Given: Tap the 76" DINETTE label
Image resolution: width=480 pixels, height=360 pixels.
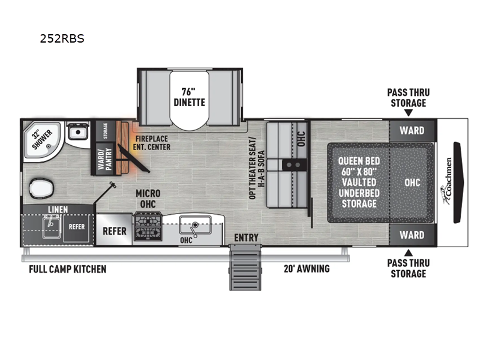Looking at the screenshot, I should (x=189, y=97).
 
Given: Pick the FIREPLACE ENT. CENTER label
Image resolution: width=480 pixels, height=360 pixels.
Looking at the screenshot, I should (x=152, y=142).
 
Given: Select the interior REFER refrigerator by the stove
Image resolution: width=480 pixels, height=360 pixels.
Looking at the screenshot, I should (x=114, y=230).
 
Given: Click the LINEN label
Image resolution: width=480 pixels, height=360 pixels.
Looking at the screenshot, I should (x=58, y=209).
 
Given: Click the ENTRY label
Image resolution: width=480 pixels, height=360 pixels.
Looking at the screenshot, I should (x=246, y=238).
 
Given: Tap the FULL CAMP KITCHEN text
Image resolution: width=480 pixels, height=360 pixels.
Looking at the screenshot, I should (x=68, y=269).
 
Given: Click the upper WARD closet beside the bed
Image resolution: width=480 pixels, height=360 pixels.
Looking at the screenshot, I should (x=412, y=130).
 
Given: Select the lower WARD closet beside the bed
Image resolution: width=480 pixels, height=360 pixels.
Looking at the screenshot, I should (x=412, y=235).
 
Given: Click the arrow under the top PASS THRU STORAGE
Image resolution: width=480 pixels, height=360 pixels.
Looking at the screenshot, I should (x=408, y=112).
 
